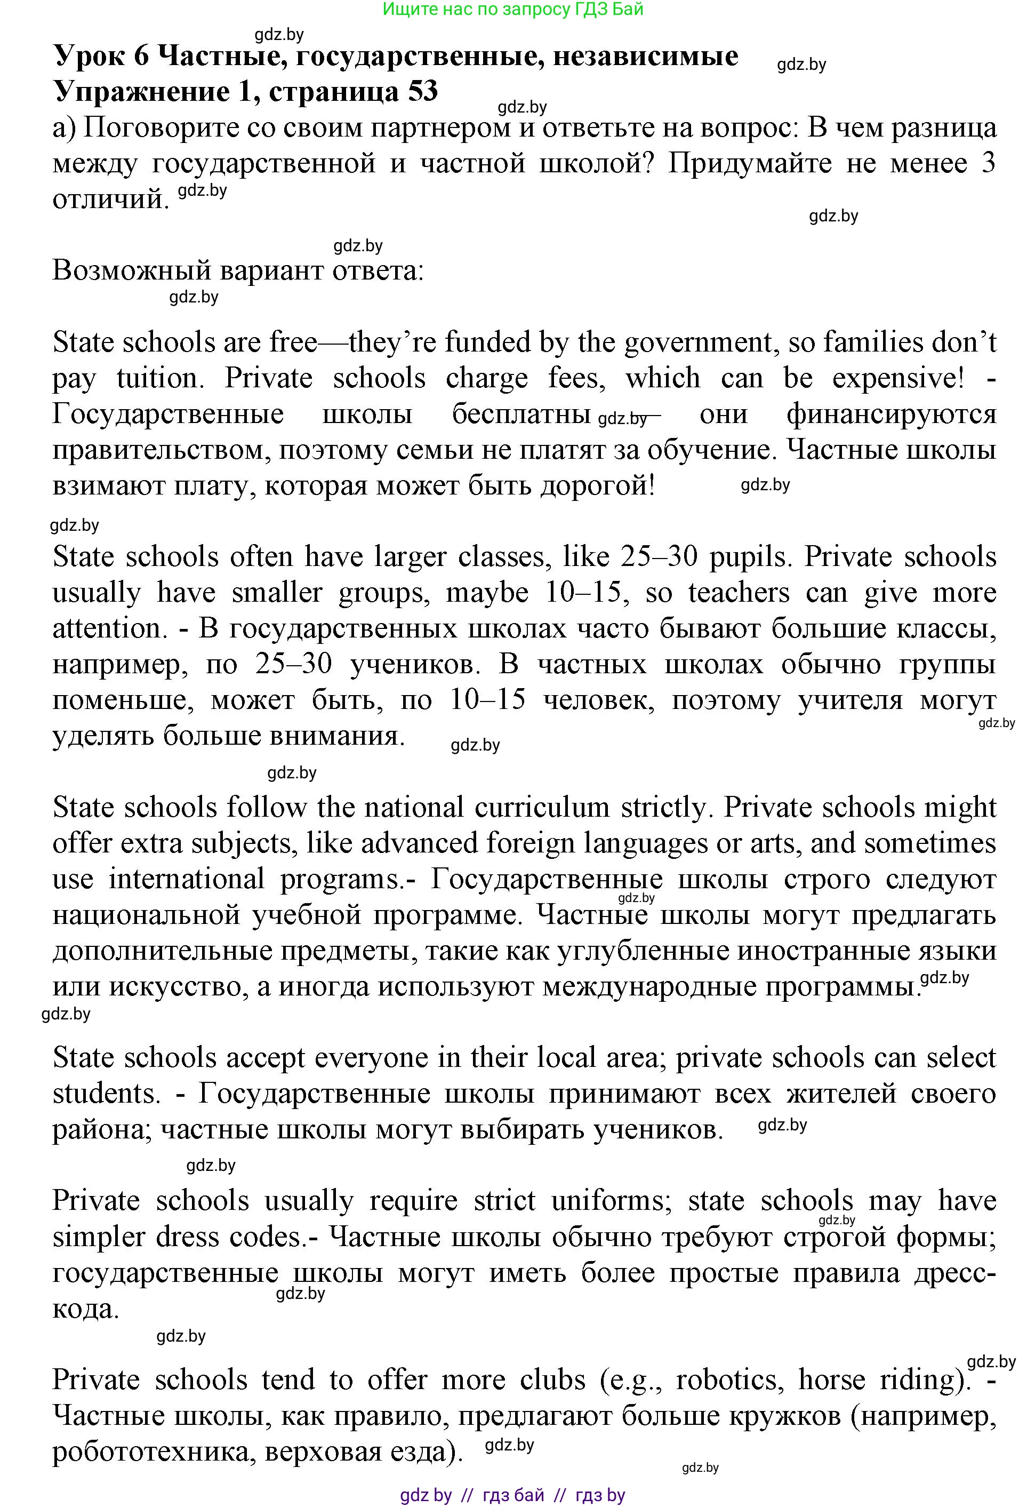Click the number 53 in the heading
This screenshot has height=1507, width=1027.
[423, 91]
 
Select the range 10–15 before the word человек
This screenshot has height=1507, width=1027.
[487, 701]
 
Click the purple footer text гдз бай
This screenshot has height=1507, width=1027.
[513, 1496]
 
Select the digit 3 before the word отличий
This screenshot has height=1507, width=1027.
[988, 163]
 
